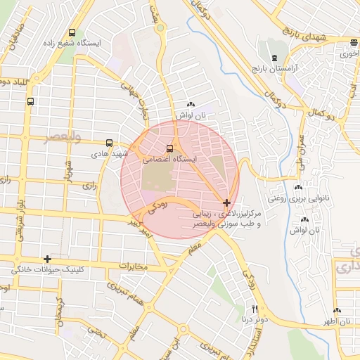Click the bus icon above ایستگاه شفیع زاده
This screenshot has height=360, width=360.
point(72,32)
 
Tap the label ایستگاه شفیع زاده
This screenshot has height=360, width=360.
point(72,43)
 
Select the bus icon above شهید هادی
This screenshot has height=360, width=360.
point(108,143)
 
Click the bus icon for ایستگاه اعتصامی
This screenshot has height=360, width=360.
point(169,148)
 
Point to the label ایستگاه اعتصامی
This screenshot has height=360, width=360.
point(170,160)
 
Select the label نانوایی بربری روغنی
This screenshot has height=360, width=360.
point(295,198)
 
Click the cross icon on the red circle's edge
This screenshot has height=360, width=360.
point(226,202)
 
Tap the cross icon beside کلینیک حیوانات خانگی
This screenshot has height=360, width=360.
point(47,259)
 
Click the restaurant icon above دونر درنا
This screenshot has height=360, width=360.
point(255,309)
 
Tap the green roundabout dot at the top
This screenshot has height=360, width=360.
point(161,28)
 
